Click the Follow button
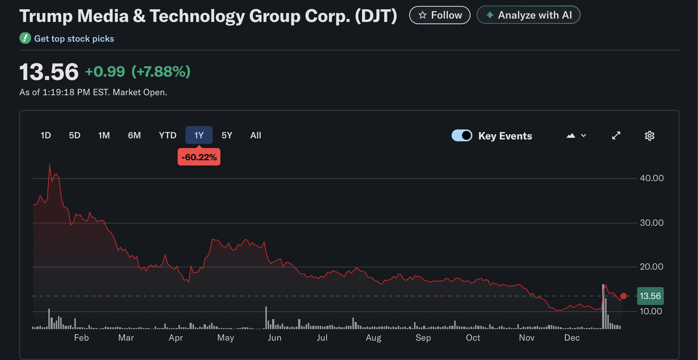[440, 15]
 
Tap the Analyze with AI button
[528, 15]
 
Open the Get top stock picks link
[74, 39]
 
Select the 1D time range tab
[46, 135]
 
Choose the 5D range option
[75, 135]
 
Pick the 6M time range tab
[134, 135]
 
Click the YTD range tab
[168, 135]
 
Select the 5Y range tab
[227, 135]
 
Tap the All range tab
[256, 135]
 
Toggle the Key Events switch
[462, 135]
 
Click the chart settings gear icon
[649, 136]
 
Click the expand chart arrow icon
[616, 135]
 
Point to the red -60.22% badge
[199, 157]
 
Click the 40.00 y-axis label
[652, 178]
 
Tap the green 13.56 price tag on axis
[650, 296]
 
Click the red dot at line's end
[624, 296]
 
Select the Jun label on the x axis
[274, 338]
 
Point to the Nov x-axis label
[527, 338]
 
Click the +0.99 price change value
[105, 71]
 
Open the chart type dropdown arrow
[583, 136]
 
